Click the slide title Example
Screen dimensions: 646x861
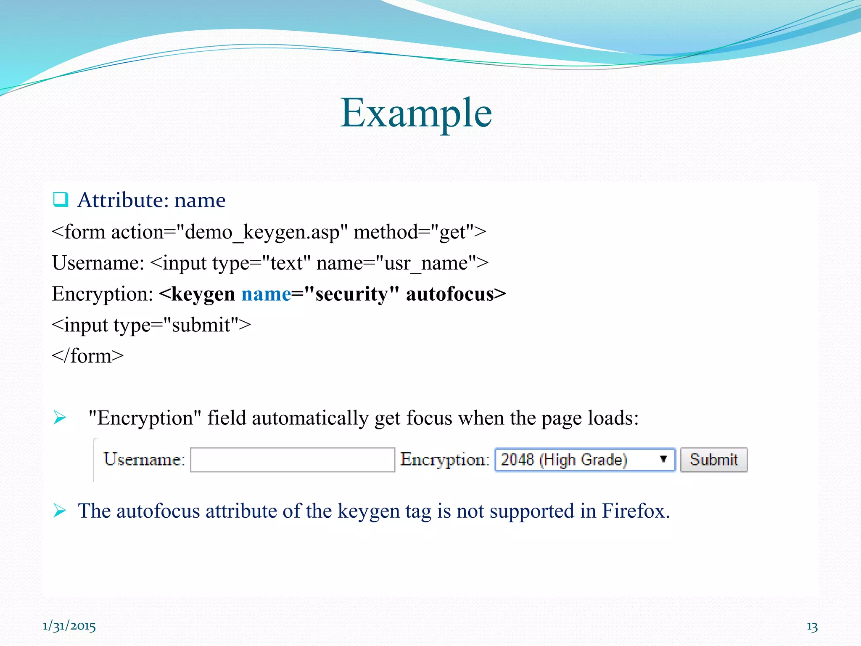click(x=416, y=113)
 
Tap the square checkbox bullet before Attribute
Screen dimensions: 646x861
click(x=61, y=199)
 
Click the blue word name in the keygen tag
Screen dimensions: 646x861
click(x=266, y=294)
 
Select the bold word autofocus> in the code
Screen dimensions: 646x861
click(x=456, y=294)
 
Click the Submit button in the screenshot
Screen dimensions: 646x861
click(x=713, y=460)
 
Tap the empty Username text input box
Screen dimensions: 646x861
click(x=292, y=460)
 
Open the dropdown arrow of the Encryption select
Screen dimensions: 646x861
click(x=663, y=459)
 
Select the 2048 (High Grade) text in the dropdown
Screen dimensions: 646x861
click(x=564, y=460)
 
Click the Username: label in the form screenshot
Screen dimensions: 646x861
click(x=144, y=459)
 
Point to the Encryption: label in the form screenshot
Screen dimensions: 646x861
click(x=445, y=459)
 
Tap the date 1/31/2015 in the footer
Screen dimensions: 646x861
click(x=69, y=626)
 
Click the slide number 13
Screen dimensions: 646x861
click(x=812, y=627)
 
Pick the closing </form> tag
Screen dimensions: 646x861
click(x=87, y=356)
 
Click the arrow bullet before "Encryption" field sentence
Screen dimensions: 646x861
click(x=60, y=418)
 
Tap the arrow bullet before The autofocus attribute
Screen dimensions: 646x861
click(x=60, y=511)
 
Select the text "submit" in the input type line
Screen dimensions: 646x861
click(x=201, y=325)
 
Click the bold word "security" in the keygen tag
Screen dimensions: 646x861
click(x=351, y=294)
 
